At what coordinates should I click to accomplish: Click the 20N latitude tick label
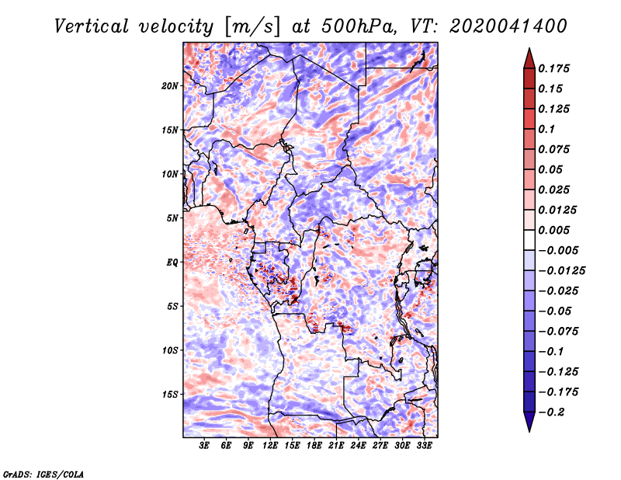[170, 86]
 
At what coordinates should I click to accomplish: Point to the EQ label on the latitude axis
[172, 263]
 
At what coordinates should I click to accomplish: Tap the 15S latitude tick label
[170, 395]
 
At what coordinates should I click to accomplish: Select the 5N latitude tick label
[172, 218]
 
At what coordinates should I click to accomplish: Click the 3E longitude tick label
[204, 445]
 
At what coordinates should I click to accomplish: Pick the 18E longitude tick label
[314, 445]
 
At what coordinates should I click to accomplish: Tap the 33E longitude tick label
[424, 445]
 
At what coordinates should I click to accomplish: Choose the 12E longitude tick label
[270, 445]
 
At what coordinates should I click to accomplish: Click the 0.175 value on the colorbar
[553, 68]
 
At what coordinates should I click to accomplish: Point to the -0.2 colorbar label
[551, 412]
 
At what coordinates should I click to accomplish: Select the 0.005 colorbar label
[553, 230]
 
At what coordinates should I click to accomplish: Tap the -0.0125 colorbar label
[561, 271]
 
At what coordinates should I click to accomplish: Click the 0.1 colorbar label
[546, 129]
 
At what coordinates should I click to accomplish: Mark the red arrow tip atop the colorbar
[529, 49]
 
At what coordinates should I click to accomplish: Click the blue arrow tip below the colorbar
[529, 431]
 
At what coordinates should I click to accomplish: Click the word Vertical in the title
[92, 26]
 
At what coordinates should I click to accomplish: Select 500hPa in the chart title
[358, 26]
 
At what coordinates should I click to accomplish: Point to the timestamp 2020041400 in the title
[508, 26]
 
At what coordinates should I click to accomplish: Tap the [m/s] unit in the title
[252, 26]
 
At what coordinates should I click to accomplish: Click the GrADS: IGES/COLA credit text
[43, 474]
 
